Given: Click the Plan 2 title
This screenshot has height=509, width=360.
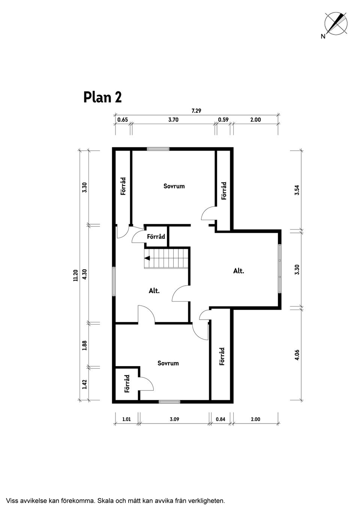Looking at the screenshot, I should tap(102, 97).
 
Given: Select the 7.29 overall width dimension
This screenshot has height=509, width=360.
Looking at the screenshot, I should tap(196, 111).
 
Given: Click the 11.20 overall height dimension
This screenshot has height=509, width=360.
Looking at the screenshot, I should tap(75, 275).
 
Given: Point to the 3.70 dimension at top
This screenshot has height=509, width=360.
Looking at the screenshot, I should tap(173, 120).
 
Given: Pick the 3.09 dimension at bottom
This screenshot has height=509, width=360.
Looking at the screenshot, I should tap(174, 419).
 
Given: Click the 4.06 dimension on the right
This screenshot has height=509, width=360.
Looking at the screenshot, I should tap(297, 355).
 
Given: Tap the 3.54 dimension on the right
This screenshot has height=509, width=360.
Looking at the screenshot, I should tap(297, 190).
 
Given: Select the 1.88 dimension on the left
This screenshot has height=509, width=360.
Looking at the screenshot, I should tap(85, 345).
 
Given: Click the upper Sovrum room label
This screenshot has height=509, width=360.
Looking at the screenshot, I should tap(174, 186).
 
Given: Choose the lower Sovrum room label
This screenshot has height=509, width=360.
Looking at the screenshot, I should tap(168, 363).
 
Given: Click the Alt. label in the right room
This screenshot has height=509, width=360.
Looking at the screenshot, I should tap(238, 271).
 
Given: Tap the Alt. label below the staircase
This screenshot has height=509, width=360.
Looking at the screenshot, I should tap(154, 290).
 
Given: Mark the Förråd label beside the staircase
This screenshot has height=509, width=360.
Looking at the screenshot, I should tap(156, 237).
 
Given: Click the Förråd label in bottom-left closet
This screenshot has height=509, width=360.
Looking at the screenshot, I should tap(127, 383).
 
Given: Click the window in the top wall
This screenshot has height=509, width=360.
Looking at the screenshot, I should tap(158, 149).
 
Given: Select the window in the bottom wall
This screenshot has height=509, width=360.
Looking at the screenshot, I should tap(169, 402).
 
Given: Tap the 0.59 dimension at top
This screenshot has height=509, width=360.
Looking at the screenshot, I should tap(223, 120).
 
